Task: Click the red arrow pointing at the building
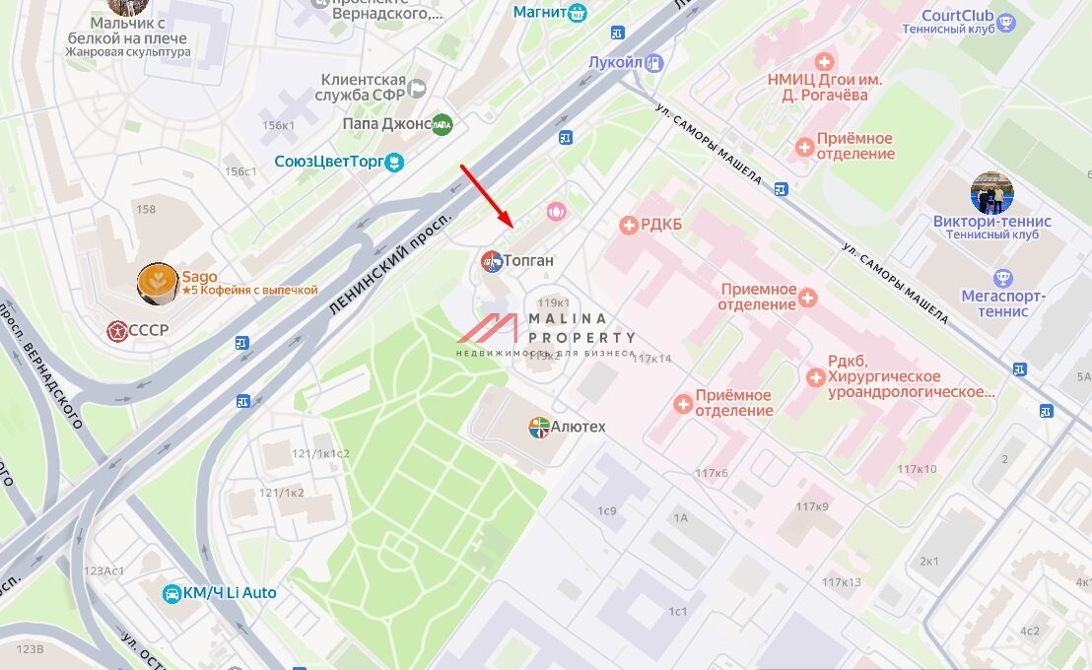[484, 194]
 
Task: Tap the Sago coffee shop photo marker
[158, 284]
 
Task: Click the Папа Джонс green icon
[443, 124]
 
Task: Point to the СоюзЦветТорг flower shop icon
[394, 161]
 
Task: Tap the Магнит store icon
[577, 13]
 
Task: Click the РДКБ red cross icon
[628, 226]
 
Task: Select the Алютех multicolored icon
[539, 428]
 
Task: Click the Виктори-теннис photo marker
[991, 194]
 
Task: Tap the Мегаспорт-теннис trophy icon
[1004, 277]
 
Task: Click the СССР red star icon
[117, 330]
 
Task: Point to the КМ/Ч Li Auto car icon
[172, 593]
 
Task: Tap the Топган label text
[529, 261]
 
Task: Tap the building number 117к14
[651, 359]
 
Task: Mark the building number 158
[146, 209]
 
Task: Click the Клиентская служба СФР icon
[417, 89]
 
